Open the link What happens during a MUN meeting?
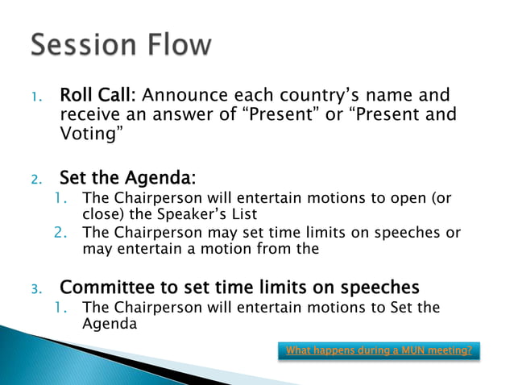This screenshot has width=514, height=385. click(x=379, y=350)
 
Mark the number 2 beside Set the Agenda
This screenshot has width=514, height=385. click(x=35, y=178)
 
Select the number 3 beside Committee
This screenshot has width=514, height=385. click(x=35, y=288)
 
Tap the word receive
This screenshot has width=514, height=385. click(x=88, y=115)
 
